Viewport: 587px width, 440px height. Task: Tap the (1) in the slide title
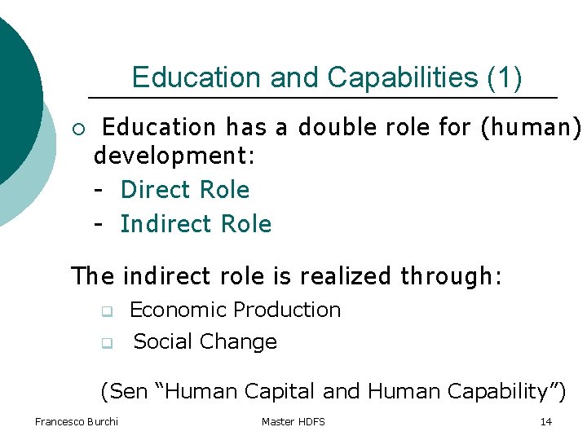[504, 78]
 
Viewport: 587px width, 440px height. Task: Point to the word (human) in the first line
[541, 128]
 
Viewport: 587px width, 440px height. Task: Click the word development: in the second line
[175, 156]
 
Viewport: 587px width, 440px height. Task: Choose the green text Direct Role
[185, 190]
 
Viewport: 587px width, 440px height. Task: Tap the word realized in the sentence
[346, 276]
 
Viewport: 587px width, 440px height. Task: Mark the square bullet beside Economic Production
[105, 311]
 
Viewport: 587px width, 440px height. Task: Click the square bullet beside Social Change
[105, 343]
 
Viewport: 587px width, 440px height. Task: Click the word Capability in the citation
[502, 392]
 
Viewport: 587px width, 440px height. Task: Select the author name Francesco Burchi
[77, 421]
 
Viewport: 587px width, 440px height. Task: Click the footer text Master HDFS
[293, 421]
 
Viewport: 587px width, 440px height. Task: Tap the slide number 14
[546, 421]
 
